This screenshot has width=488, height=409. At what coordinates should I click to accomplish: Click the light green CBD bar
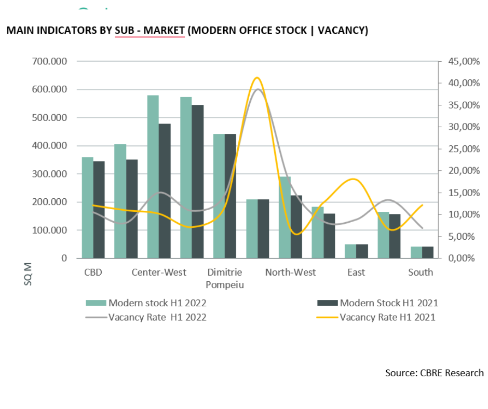[87, 208]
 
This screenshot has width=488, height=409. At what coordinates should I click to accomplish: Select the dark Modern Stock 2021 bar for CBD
[99, 210]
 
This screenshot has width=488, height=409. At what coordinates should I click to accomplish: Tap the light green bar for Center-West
[153, 176]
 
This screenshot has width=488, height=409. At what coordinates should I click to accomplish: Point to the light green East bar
[350, 251]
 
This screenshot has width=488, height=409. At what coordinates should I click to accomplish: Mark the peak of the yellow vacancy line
[256, 77]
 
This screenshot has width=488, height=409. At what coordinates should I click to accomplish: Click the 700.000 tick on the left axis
[50, 61]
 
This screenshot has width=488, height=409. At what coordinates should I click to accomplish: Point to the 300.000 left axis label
[50, 174]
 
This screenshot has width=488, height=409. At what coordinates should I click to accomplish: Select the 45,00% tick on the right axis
[459, 61]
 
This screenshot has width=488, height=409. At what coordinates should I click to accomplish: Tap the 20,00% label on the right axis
[459, 171]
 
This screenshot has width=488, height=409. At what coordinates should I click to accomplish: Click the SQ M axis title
[28, 274]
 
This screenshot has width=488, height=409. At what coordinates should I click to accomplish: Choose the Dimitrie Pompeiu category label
[225, 279]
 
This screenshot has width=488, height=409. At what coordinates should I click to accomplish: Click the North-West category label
[290, 272]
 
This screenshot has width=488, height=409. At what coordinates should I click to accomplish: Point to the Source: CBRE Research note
[434, 373]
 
